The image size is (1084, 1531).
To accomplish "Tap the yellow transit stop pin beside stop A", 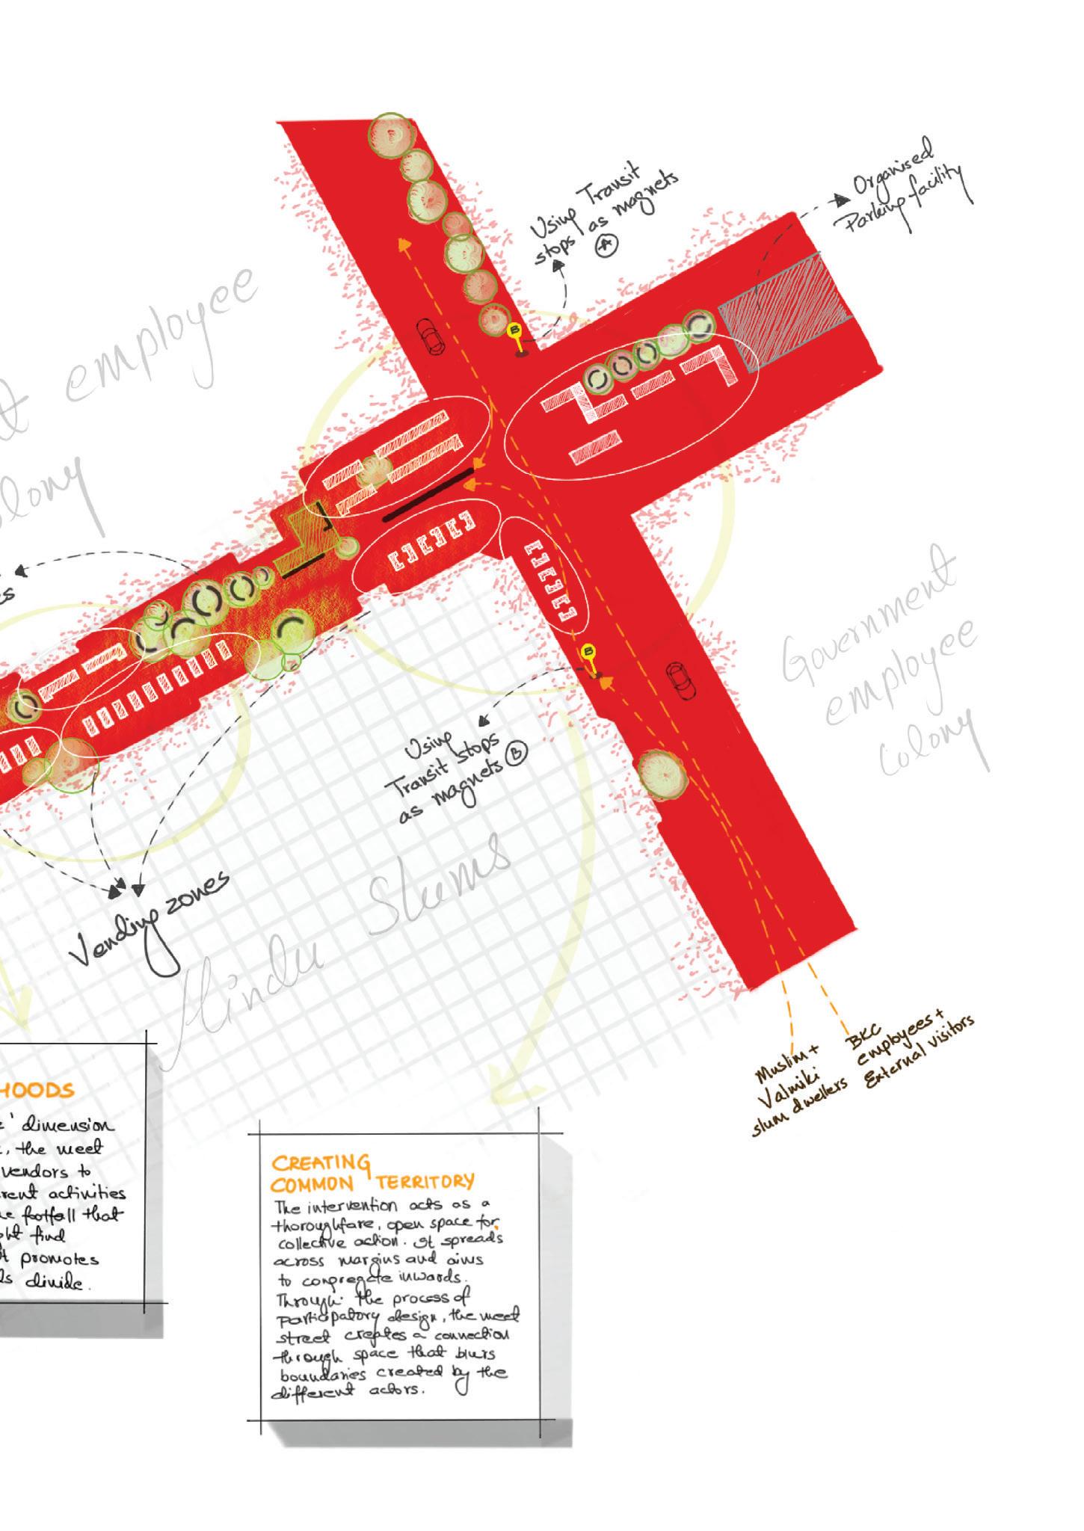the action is (x=514, y=330).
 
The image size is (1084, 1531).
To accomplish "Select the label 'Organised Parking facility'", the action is (x=905, y=187).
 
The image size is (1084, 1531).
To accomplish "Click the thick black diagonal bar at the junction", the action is (x=429, y=494).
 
